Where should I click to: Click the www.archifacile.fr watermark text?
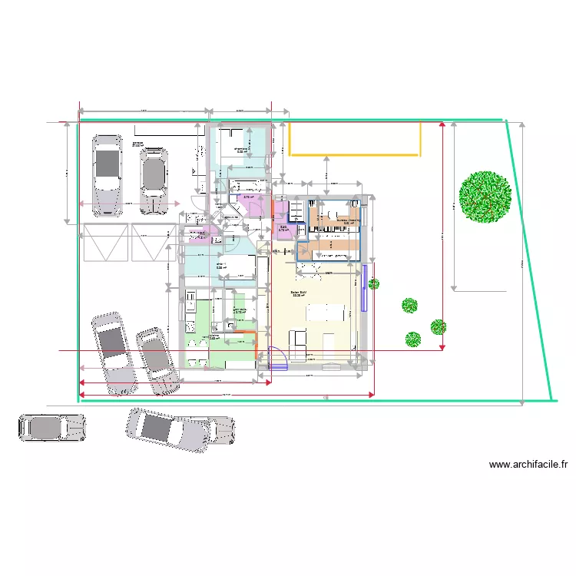(x=528, y=464)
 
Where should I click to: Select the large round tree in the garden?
(x=485, y=197)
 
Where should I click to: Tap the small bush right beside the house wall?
(x=373, y=284)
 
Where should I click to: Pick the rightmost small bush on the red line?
(x=438, y=327)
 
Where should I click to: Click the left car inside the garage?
(x=107, y=175)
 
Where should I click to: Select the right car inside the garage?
(x=154, y=180)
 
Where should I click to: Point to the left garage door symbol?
(x=105, y=242)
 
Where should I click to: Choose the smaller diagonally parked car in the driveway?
(x=156, y=361)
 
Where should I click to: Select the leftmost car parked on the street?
(x=51, y=429)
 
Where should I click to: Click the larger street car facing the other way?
(x=180, y=428)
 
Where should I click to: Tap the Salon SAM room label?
(x=299, y=293)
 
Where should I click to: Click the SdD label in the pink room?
(x=283, y=228)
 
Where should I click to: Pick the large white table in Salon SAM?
(x=326, y=312)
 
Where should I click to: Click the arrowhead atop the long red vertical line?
(x=442, y=125)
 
